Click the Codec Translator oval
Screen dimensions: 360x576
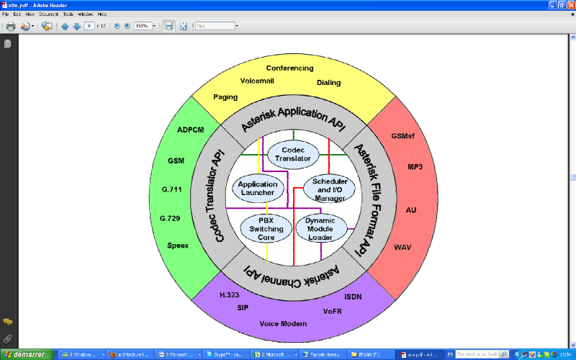pyautogui.click(x=293, y=153)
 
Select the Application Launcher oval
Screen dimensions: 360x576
pyautogui.click(x=257, y=189)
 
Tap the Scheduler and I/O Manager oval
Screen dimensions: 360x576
pyautogui.click(x=330, y=189)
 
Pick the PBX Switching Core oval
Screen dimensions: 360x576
pyautogui.click(x=266, y=228)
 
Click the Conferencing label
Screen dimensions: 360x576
pyautogui.click(x=289, y=68)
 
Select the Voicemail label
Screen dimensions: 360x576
pyautogui.click(x=257, y=81)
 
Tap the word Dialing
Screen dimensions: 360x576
pyautogui.click(x=328, y=83)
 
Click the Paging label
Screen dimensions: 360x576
pyautogui.click(x=225, y=97)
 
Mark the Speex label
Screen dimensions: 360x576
pyautogui.click(x=178, y=246)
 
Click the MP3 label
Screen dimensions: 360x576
pyautogui.click(x=415, y=167)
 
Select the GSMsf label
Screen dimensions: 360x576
pyautogui.click(x=403, y=135)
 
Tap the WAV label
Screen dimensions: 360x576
pyautogui.click(x=402, y=248)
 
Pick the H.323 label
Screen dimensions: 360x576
pyautogui.click(x=229, y=296)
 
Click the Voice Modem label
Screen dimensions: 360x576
pyautogui.click(x=283, y=324)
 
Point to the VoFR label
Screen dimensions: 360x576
pyautogui.click(x=333, y=312)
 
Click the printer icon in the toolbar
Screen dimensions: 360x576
pyautogui.click(x=11, y=26)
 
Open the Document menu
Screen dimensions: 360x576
pyautogui.click(x=48, y=14)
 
